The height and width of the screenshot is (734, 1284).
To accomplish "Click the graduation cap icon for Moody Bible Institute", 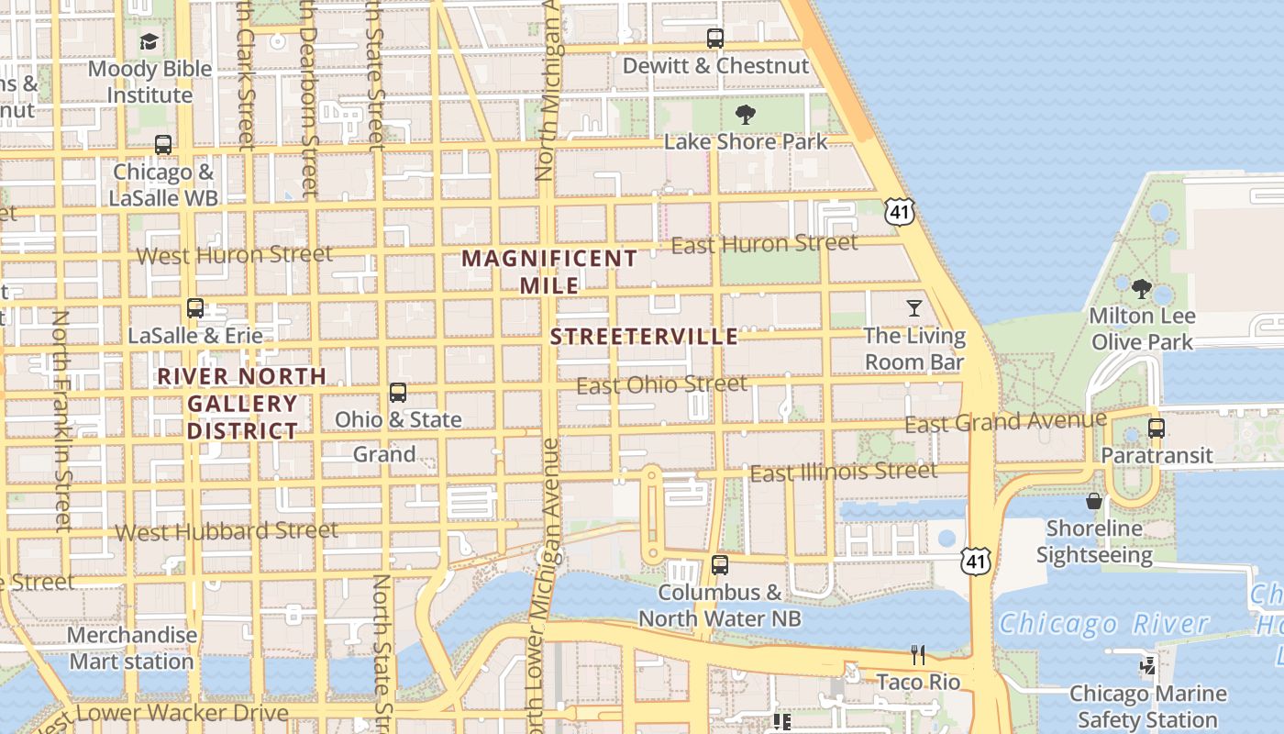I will tap(149, 41).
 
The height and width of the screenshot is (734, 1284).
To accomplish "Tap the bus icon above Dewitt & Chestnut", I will tap(714, 39).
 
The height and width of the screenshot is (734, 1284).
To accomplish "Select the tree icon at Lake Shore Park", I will tap(746, 115).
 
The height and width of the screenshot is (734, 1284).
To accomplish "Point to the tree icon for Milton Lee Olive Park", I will tap(1142, 289).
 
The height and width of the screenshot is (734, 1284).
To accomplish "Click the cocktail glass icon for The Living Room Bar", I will tap(914, 307).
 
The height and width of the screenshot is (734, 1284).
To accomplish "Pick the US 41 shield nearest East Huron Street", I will tap(899, 212).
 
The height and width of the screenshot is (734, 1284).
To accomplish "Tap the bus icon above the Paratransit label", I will tap(1157, 428).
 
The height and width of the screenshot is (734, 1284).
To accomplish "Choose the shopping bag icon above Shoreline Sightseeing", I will tap(1094, 501).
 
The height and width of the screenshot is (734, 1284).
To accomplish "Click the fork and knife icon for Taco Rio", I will tap(918, 654).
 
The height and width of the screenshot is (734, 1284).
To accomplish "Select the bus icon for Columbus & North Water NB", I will tap(720, 565).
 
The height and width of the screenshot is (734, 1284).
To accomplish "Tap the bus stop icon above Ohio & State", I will tap(398, 393).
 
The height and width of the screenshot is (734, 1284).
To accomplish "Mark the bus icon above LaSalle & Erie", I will tap(195, 308).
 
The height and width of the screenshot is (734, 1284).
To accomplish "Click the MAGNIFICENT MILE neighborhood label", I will tap(549, 272).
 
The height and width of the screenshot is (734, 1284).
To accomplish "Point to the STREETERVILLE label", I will tap(644, 337).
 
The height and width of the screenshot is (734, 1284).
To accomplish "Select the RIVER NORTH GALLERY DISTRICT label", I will tap(242, 403).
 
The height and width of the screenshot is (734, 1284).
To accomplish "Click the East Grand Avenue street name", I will tap(1005, 422).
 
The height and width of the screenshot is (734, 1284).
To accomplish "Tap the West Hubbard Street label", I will tap(227, 531).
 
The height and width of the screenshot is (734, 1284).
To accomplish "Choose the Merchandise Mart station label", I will tap(132, 648).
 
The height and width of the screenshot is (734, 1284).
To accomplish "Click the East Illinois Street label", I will tap(844, 473).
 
